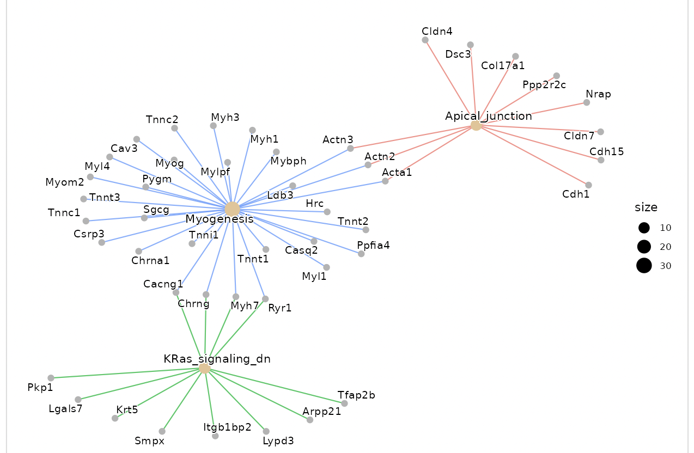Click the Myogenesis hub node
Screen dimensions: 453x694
[x=232, y=209]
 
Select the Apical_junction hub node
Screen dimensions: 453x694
[x=476, y=126]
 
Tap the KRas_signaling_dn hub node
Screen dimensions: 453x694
[x=204, y=369]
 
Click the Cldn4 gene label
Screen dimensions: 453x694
[x=437, y=32]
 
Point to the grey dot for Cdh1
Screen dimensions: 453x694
[x=588, y=185]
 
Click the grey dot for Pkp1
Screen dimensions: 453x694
[x=51, y=378]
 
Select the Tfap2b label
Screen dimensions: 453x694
[x=356, y=395]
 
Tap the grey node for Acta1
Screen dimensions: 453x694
[x=385, y=181]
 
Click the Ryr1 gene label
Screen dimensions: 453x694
[x=280, y=308]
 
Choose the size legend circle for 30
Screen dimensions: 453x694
[x=644, y=266]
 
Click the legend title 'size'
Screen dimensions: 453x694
[x=646, y=207]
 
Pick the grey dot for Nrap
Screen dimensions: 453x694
[x=587, y=102]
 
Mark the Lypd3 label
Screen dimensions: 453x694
[x=278, y=440]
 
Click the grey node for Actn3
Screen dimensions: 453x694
[x=350, y=148]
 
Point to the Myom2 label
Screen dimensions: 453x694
[x=65, y=182]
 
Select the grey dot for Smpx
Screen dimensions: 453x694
[x=162, y=431]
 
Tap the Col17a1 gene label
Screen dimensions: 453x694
[x=503, y=66]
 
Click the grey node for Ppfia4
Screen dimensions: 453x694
[x=361, y=254]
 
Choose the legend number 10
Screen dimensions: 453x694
[x=665, y=227]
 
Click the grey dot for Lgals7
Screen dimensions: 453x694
[x=78, y=400]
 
